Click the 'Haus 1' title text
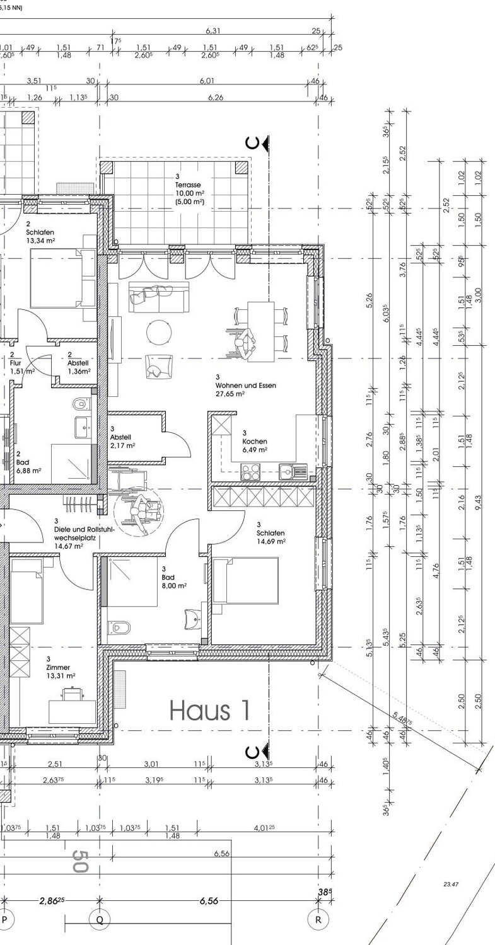[x=210, y=710]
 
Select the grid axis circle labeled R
[x=318, y=919]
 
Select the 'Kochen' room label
[x=254, y=442]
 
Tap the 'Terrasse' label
[x=189, y=185]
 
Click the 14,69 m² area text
[x=271, y=541]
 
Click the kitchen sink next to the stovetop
[x=292, y=470]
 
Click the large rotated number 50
[x=79, y=861]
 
